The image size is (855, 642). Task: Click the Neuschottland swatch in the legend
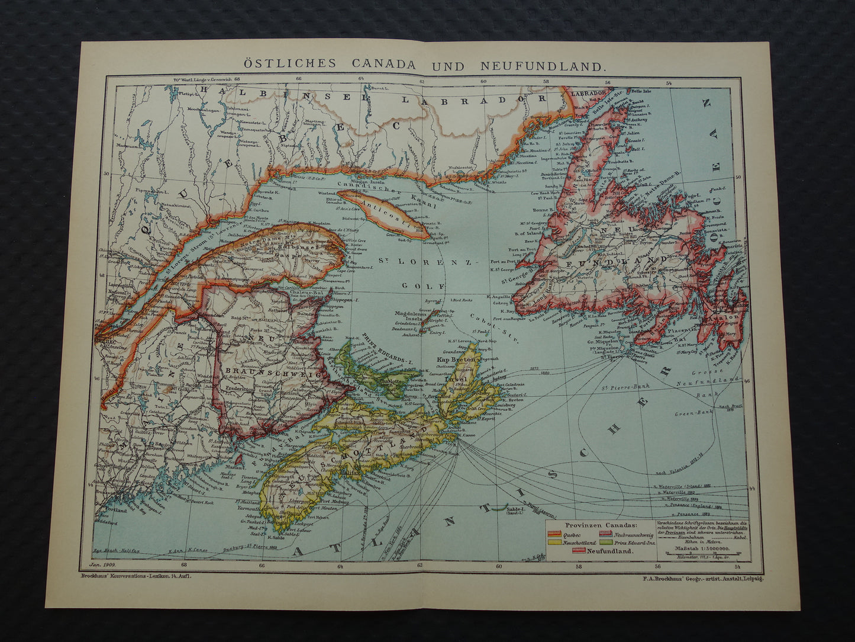coord(553,541)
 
